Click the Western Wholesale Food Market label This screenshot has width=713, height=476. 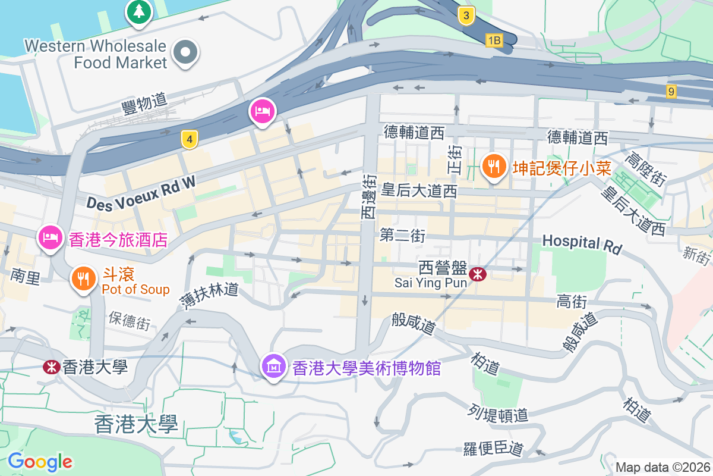[x=96, y=54]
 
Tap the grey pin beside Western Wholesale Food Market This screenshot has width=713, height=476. [x=186, y=52]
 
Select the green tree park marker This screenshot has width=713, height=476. [x=139, y=11]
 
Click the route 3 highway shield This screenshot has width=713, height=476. [x=466, y=16]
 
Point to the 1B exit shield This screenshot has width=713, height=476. [x=494, y=40]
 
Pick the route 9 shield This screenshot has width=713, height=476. [x=671, y=91]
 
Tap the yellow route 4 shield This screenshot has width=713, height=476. [x=189, y=140]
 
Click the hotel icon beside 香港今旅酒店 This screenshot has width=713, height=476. [x=51, y=237]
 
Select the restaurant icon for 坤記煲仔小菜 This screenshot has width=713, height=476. [x=494, y=165]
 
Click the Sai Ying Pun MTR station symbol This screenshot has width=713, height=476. [x=478, y=274]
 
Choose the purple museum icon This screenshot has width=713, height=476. [x=273, y=365]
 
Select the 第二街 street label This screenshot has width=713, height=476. [x=402, y=236]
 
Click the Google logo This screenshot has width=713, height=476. [x=40, y=461]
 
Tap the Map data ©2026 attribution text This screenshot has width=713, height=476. [x=662, y=467]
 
